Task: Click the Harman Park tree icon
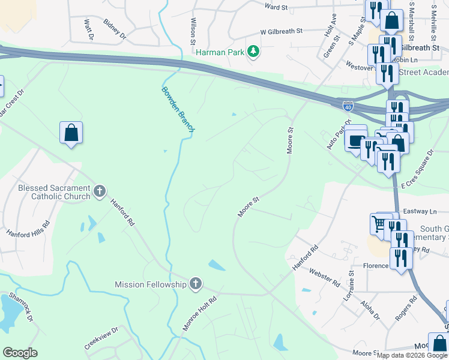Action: [254, 52]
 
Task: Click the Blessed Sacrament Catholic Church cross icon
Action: [100, 192]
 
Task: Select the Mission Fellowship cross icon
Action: [196, 284]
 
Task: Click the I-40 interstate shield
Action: [348, 106]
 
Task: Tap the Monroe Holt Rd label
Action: [200, 312]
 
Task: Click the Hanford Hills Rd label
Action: [28, 228]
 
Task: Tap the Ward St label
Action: [277, 7]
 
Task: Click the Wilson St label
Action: [193, 31]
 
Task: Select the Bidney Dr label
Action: [115, 29]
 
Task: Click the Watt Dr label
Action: [89, 29]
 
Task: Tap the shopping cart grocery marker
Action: [379, 225]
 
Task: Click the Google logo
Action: [20, 353]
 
